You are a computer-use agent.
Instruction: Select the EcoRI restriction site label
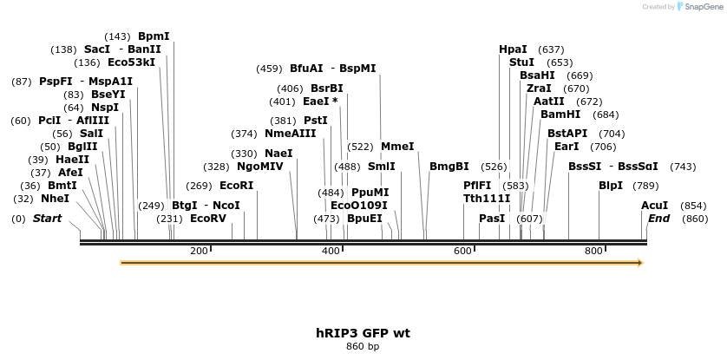coord(236,186)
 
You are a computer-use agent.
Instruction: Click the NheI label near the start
coord(55,199)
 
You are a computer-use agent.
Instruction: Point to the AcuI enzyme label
coord(654,206)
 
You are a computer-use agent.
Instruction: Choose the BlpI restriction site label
coord(611,186)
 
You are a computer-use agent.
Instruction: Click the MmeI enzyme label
coord(397,147)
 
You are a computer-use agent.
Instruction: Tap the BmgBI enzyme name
coord(449,167)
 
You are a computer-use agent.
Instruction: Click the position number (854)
coord(693,206)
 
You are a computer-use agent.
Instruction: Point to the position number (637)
coord(551,49)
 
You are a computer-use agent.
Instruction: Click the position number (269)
coord(199,186)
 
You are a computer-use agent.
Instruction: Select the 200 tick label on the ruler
coord(199,251)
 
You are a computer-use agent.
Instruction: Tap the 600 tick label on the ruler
coord(462,251)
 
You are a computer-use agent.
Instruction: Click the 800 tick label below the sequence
coord(593,251)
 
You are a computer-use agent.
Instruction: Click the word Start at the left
coord(47,219)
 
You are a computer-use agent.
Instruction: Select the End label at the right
coord(658,219)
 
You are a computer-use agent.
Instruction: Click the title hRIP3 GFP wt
coord(363,333)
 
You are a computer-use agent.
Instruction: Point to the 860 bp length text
coord(363,347)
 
